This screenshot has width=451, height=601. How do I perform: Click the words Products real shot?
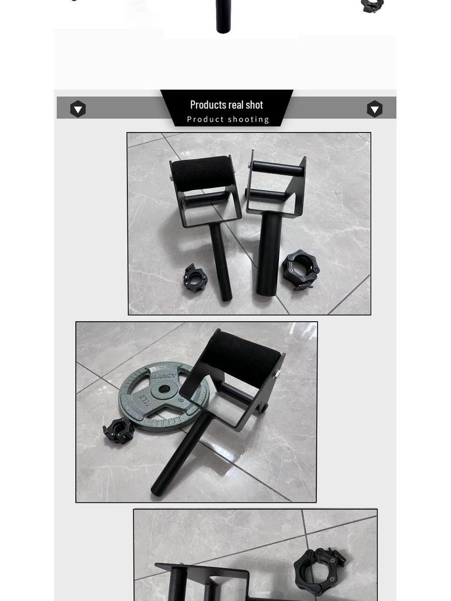(226, 105)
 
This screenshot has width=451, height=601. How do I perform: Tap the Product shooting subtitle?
(228, 119)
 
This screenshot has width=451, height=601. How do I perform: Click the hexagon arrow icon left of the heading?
(78, 109)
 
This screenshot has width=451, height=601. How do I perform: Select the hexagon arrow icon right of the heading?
(375, 109)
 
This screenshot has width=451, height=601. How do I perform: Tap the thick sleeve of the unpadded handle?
(267, 252)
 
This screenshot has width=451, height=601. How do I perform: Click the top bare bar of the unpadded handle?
(277, 170)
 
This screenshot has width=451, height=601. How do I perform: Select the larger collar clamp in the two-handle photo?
(300, 270)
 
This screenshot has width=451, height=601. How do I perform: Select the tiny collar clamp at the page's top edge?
(372, 6)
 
